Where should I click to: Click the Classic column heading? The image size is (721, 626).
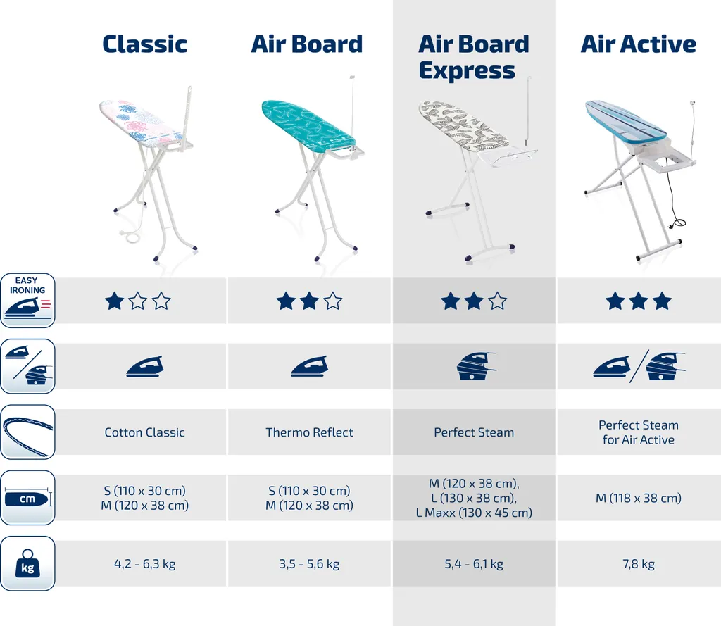(x=144, y=44)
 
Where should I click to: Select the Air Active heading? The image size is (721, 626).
(x=638, y=44)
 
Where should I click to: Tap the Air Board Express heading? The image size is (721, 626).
(x=473, y=57)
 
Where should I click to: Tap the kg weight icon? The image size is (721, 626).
(x=27, y=563)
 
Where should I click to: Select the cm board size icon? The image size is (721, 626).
(x=27, y=499)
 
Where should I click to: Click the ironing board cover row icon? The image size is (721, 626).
(x=27, y=432)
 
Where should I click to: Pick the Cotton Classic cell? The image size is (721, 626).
(x=144, y=432)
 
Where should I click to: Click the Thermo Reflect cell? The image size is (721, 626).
(x=309, y=432)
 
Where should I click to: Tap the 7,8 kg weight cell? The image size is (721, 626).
(x=638, y=564)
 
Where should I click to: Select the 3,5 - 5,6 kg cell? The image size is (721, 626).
(x=309, y=564)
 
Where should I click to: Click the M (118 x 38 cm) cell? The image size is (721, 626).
(x=638, y=499)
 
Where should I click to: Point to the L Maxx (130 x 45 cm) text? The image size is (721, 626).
(x=474, y=513)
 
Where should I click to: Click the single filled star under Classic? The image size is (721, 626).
(x=114, y=302)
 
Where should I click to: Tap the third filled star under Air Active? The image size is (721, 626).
(x=662, y=302)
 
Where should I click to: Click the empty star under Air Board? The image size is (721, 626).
(x=333, y=302)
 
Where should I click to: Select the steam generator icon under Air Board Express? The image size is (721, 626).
(x=473, y=366)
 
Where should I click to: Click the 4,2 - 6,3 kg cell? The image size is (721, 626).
(x=144, y=564)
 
